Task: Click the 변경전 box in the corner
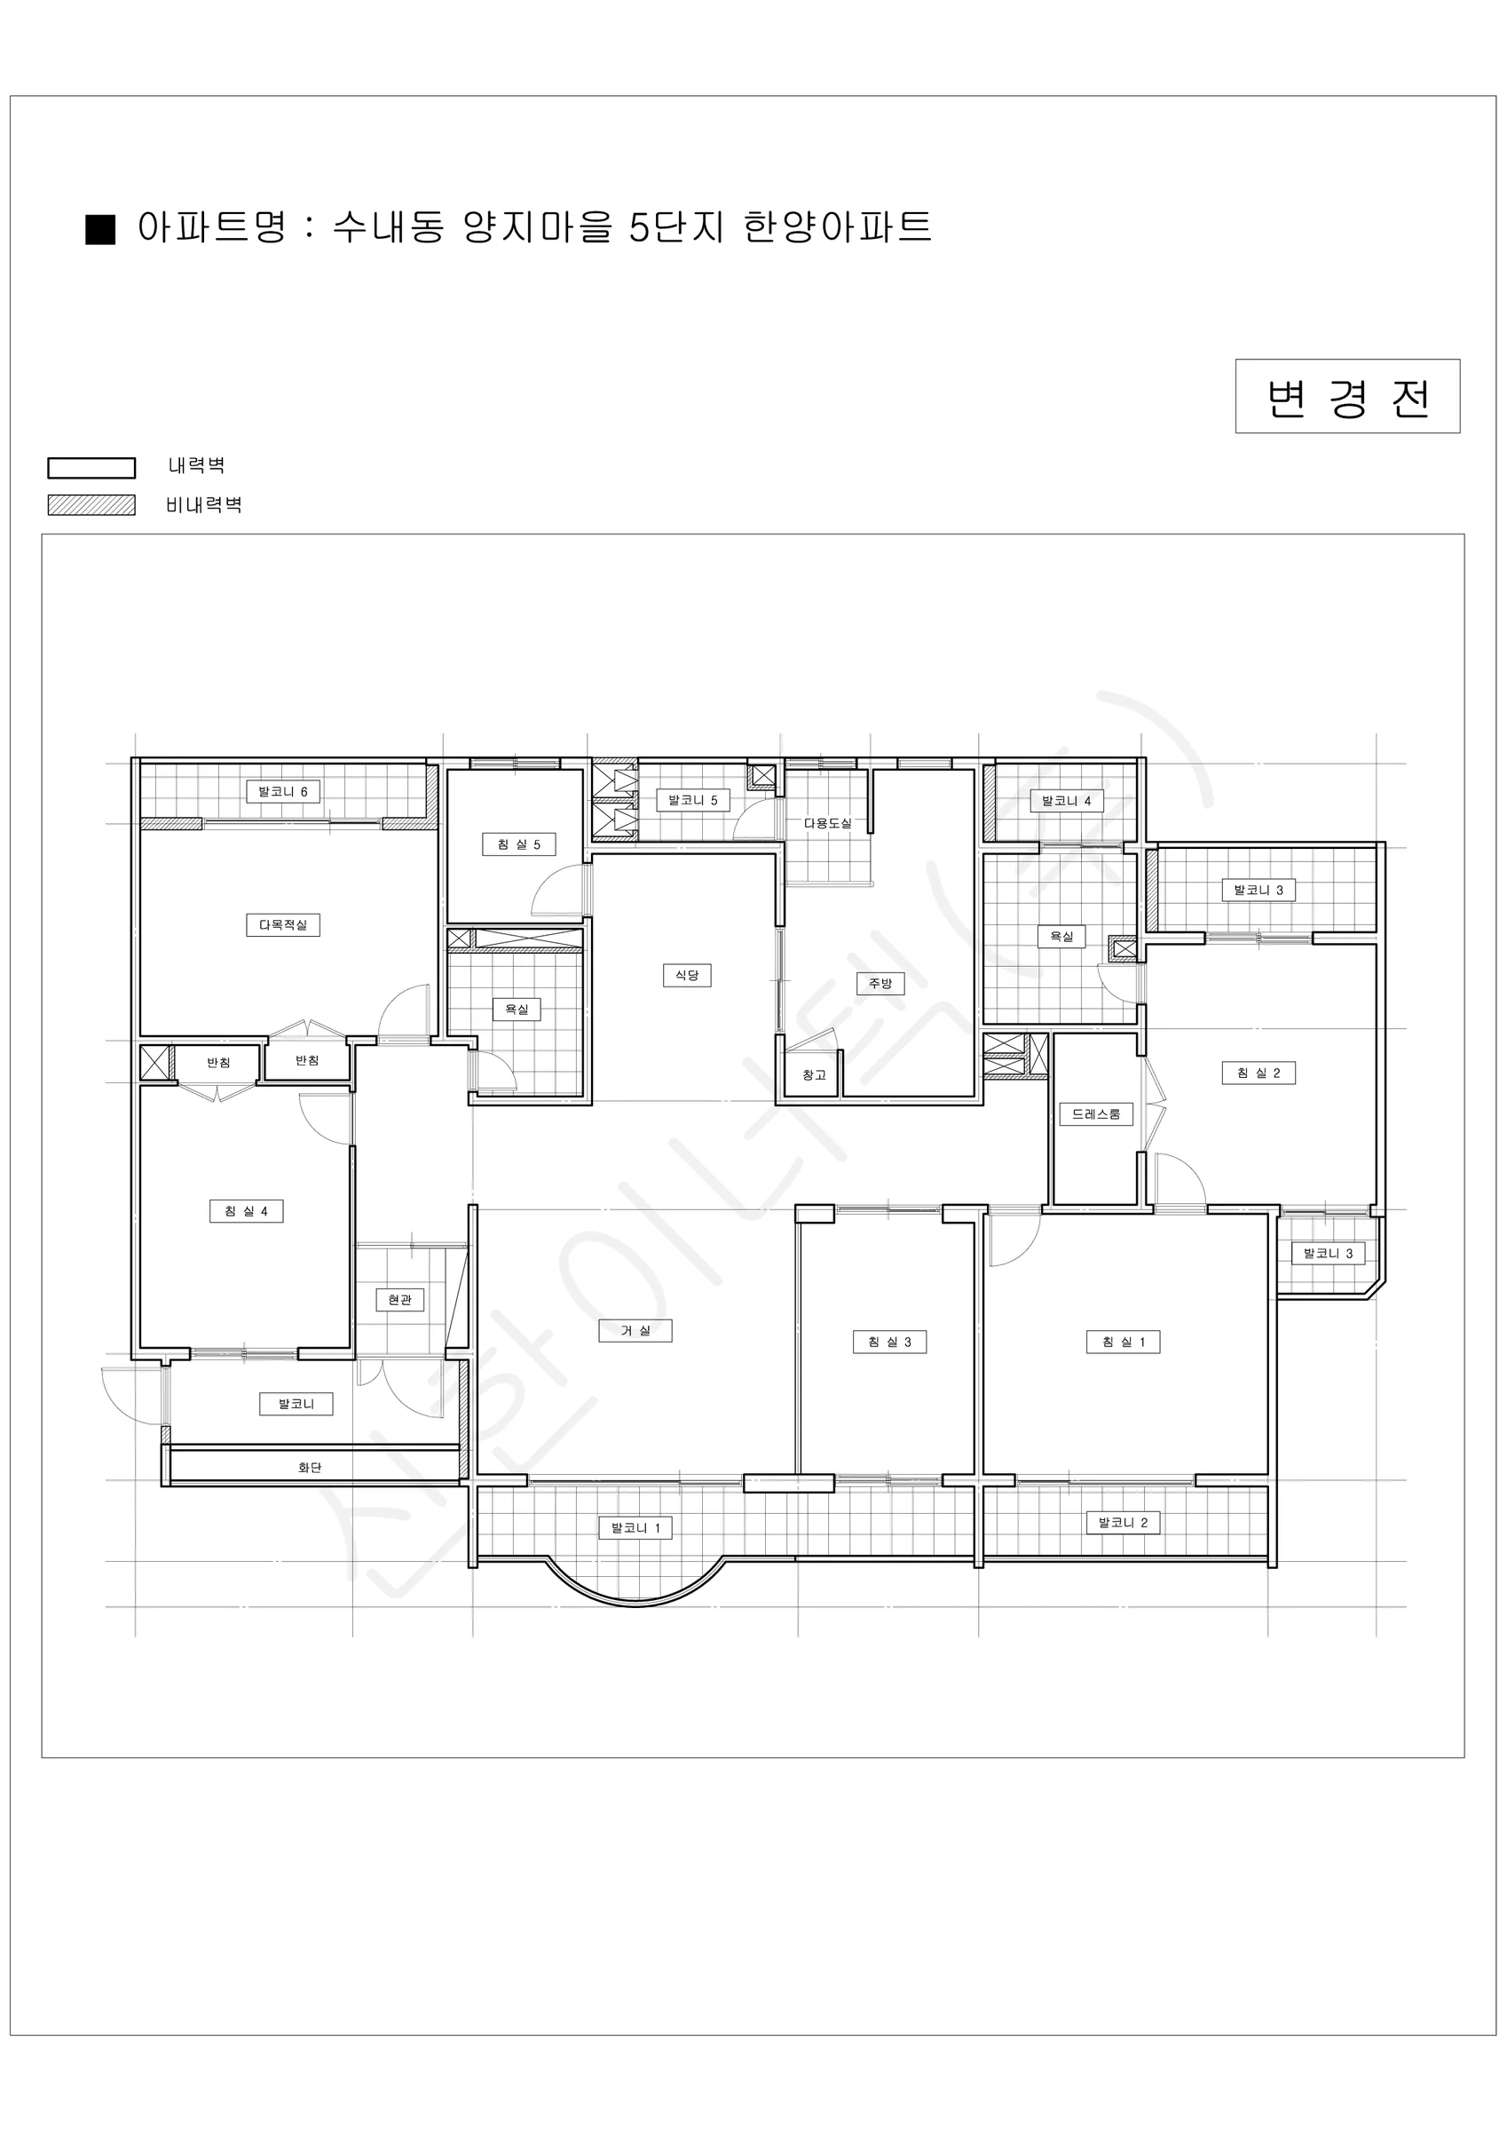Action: pyautogui.click(x=1347, y=396)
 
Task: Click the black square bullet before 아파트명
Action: pyautogui.click(x=100, y=229)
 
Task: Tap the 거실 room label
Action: pyautogui.click(x=635, y=1330)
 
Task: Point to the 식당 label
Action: pyautogui.click(x=687, y=975)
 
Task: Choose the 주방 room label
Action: pyautogui.click(x=880, y=983)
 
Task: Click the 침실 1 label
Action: pyautogui.click(x=1123, y=1341)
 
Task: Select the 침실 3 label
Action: pyautogui.click(x=889, y=1341)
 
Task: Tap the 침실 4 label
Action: pyautogui.click(x=246, y=1211)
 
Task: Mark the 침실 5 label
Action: pyautogui.click(x=518, y=844)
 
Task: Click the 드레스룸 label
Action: pyautogui.click(x=1096, y=1113)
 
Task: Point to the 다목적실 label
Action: pyautogui.click(x=283, y=925)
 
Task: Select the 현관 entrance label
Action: pyautogui.click(x=400, y=1300)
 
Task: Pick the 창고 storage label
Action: pyautogui.click(x=814, y=1074)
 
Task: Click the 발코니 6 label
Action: pyautogui.click(x=283, y=792)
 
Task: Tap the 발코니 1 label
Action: pyautogui.click(x=635, y=1528)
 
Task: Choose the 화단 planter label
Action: pyautogui.click(x=310, y=1468)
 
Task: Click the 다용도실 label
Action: pyautogui.click(x=827, y=823)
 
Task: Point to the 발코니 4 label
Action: pyautogui.click(x=1066, y=801)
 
